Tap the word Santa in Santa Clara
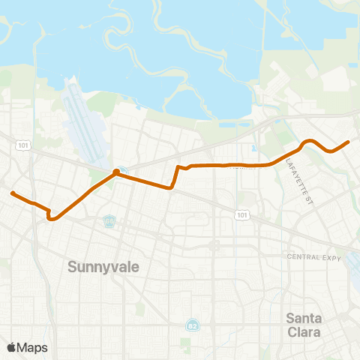click(x=304, y=317)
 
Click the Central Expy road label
click(x=313, y=257)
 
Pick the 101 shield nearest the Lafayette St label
click(x=241, y=215)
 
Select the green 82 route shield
click(x=191, y=325)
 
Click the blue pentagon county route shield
click(x=110, y=220)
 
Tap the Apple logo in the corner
click(x=11, y=347)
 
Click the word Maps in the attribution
click(x=32, y=347)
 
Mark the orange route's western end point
click(x=12, y=193)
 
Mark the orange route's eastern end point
click(x=349, y=141)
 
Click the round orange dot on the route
click(x=116, y=172)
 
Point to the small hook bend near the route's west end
click(x=50, y=217)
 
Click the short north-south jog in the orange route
click(x=175, y=177)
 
